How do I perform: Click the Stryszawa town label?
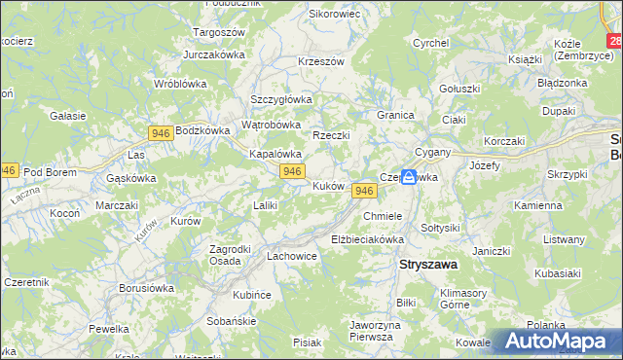coord(430,263)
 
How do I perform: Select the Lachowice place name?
coord(292,256)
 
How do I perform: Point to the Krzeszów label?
coord(321,61)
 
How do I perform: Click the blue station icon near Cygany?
coord(410,178)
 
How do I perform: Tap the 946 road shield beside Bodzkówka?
coord(162,131)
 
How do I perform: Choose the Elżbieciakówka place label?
coord(367,238)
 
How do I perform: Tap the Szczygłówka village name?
coord(280,99)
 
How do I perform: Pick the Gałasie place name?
coord(67,115)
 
